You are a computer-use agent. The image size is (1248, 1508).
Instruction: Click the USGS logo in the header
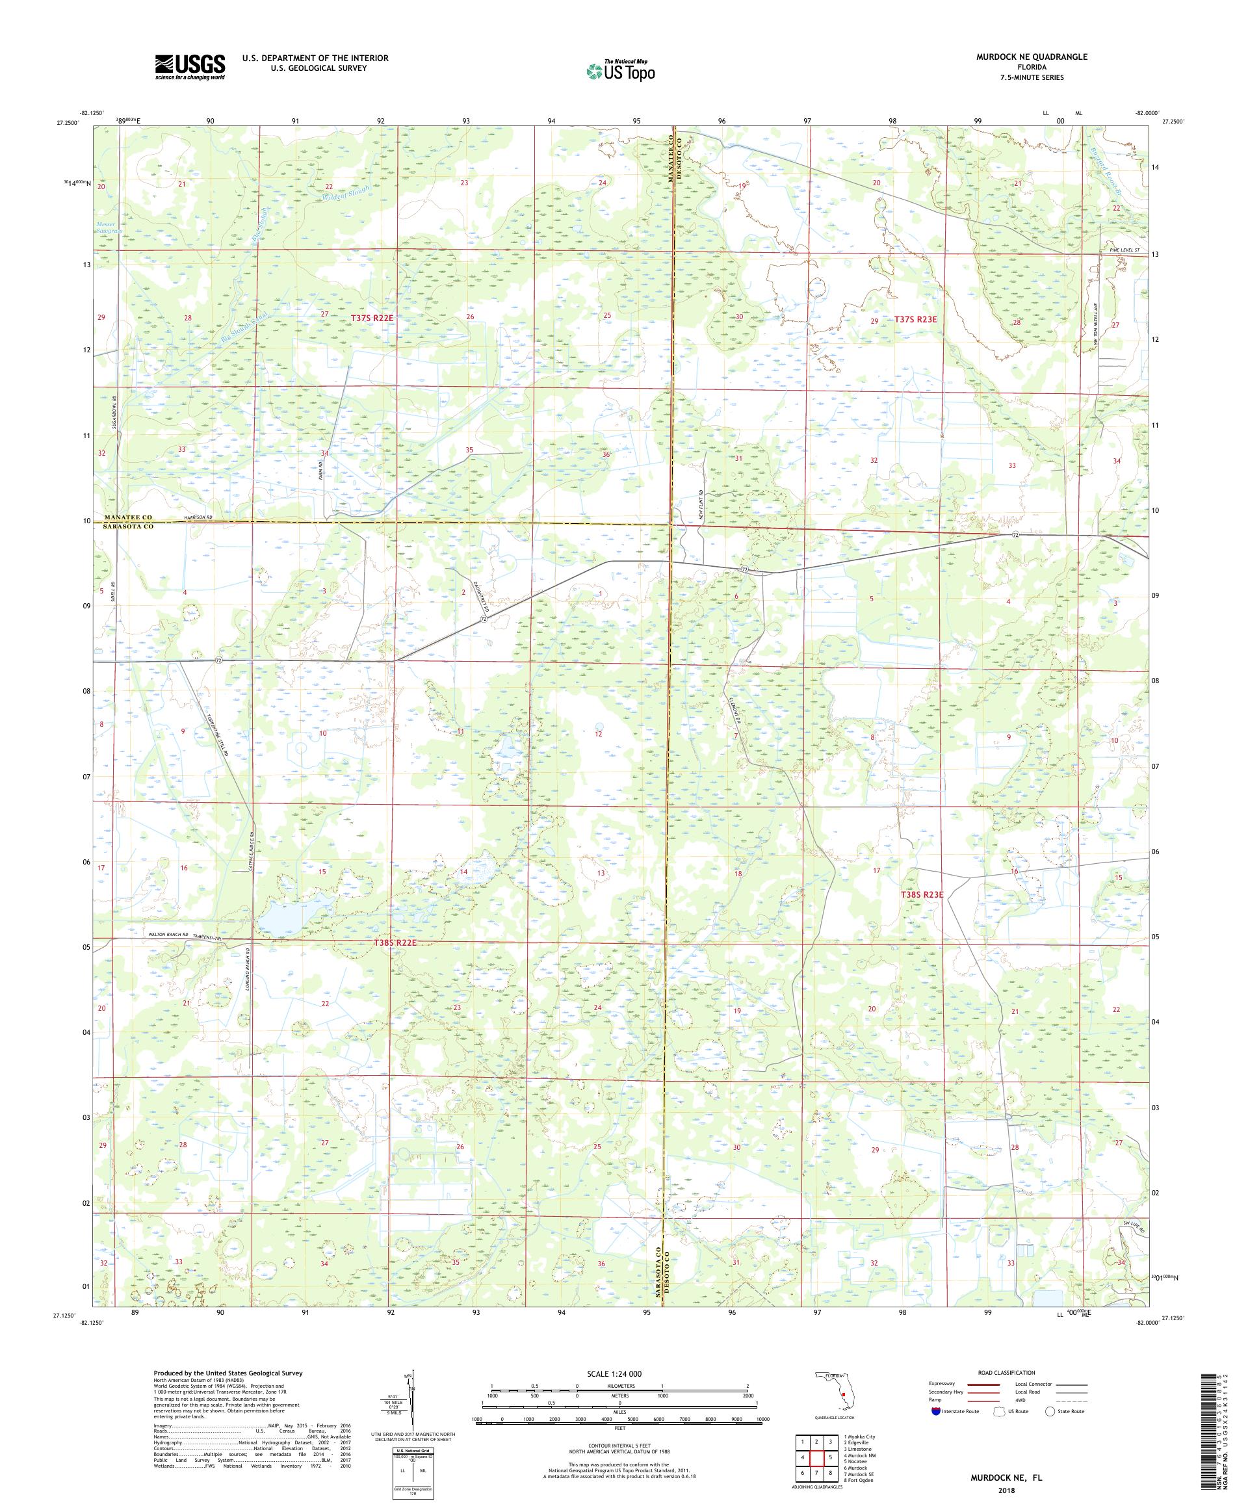click(190, 68)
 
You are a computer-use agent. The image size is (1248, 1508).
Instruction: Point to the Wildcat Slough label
click(346, 192)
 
